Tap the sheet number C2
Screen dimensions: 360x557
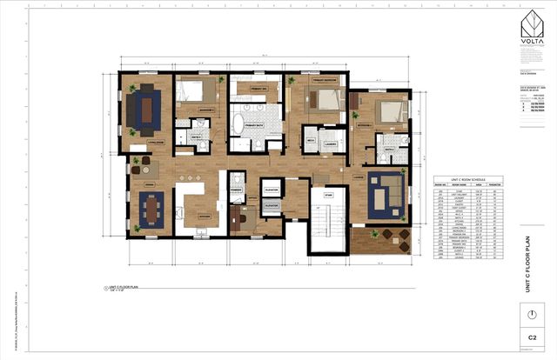[x=530, y=336]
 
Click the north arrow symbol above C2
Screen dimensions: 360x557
[x=530, y=313]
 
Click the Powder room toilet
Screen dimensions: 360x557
[x=234, y=181]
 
